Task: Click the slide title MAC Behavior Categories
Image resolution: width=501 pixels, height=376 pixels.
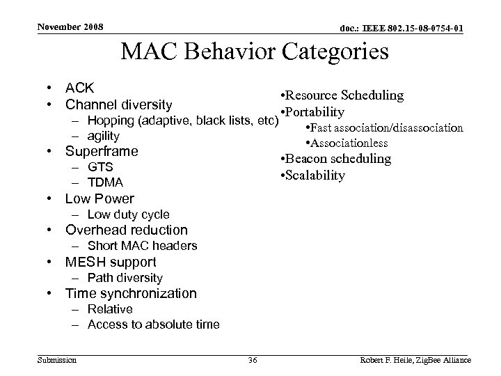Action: (255, 52)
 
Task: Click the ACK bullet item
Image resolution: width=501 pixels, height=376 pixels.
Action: (80, 89)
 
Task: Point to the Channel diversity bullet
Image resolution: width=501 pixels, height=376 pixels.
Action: (118, 105)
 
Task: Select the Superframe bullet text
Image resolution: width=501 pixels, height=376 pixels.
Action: (101, 151)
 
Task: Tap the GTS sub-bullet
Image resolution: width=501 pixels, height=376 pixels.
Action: (100, 167)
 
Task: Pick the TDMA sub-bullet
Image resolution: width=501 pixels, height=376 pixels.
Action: (105, 182)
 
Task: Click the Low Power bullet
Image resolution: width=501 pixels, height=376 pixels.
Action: (99, 198)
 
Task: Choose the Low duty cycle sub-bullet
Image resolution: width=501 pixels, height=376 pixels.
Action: (128, 214)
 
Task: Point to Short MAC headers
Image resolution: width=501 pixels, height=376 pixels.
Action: (142, 246)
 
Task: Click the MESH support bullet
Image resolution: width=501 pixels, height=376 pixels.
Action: (110, 262)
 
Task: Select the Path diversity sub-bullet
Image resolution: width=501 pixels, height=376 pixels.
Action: (125, 278)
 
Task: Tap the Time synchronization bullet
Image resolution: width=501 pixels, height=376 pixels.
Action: (131, 293)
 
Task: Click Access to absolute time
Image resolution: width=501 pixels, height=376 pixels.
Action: (153, 324)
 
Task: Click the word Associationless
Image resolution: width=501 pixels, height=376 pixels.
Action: (349, 143)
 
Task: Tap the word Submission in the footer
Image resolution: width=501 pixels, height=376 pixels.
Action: (57, 360)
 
